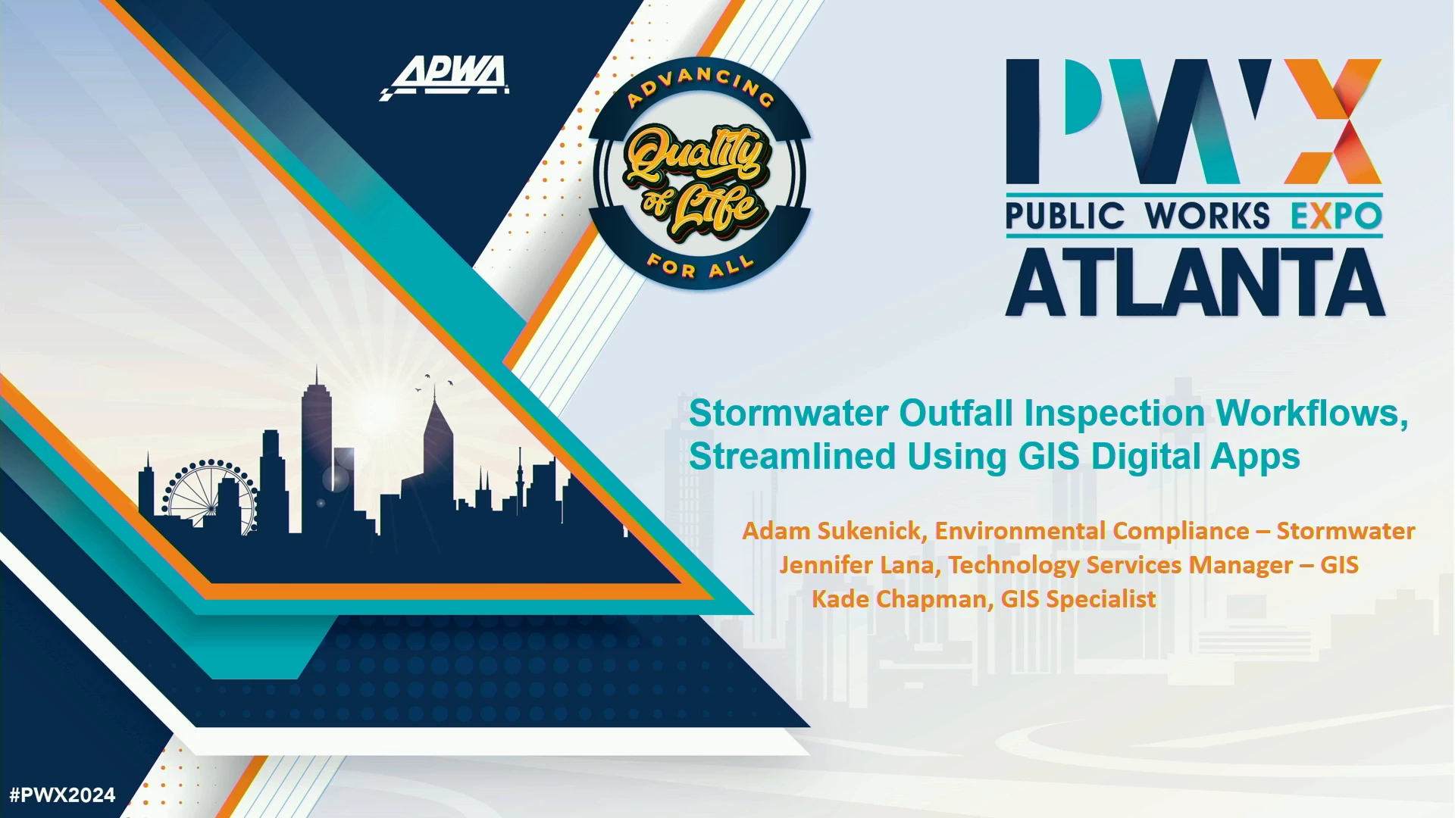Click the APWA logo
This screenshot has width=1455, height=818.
[x=444, y=77]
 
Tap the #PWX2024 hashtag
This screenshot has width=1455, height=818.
[x=62, y=795]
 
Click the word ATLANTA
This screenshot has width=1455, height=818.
[x=1195, y=283]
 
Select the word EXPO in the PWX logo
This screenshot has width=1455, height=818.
[x=1337, y=216]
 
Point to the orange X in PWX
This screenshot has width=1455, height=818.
[x=1333, y=121]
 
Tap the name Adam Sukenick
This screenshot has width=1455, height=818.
[x=831, y=531]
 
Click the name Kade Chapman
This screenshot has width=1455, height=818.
[x=899, y=599]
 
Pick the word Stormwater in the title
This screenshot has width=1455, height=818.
[x=789, y=414]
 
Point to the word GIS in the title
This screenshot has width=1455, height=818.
[x=1049, y=457]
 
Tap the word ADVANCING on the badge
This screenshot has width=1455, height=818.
[x=700, y=85]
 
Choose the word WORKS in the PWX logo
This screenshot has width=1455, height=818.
[x=1207, y=216]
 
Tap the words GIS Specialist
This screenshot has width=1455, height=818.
[x=1078, y=599]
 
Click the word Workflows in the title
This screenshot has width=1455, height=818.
[x=1313, y=414]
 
